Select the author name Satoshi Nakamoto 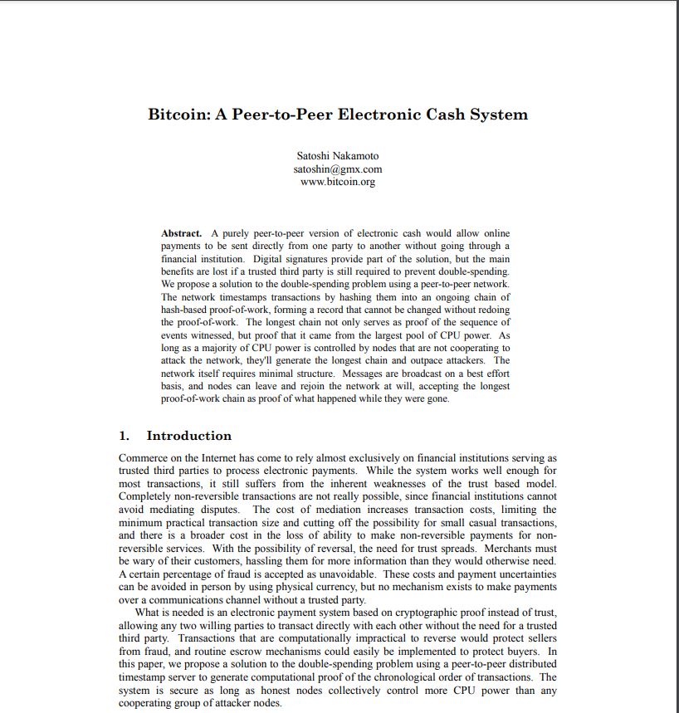(338, 156)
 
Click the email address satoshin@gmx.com (338, 169)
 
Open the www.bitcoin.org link (338, 182)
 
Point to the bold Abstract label (181, 233)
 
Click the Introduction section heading (189, 436)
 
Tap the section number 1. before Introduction (125, 436)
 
